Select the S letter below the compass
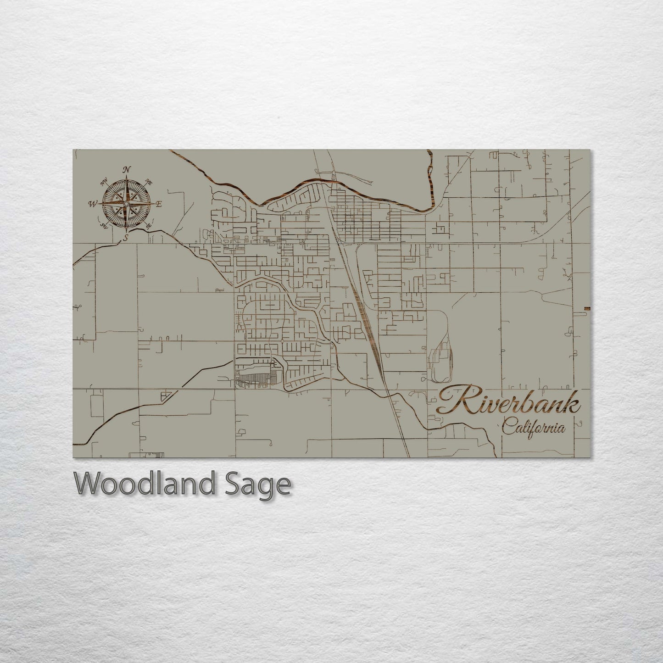point(126,237)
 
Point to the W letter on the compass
point(93,204)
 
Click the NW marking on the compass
point(104,182)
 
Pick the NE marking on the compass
point(149,182)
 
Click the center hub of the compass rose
point(126,203)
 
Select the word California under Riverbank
point(534,428)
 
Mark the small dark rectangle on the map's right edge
point(587,308)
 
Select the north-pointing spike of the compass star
point(126,184)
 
